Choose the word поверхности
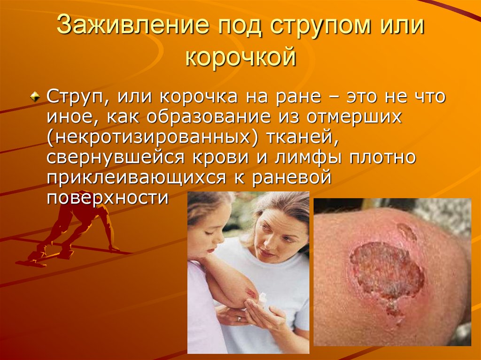108,198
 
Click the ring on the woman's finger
239,319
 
